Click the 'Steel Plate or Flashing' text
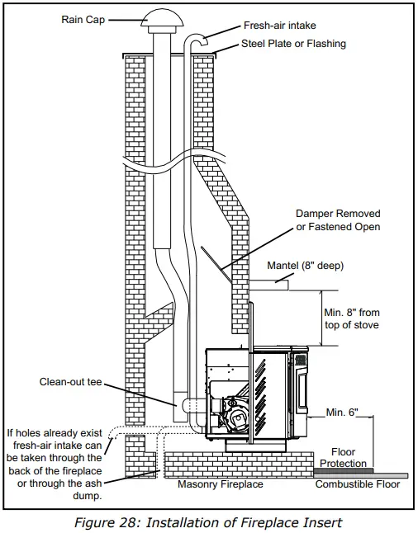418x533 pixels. (293, 43)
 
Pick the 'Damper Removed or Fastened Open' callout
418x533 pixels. (338, 220)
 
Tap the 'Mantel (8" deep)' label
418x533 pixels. (305, 266)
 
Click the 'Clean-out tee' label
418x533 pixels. (71, 382)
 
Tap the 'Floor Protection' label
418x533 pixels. (343, 458)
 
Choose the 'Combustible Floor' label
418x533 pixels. (358, 484)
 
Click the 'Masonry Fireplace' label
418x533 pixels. (220, 484)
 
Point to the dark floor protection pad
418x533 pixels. (343, 471)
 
